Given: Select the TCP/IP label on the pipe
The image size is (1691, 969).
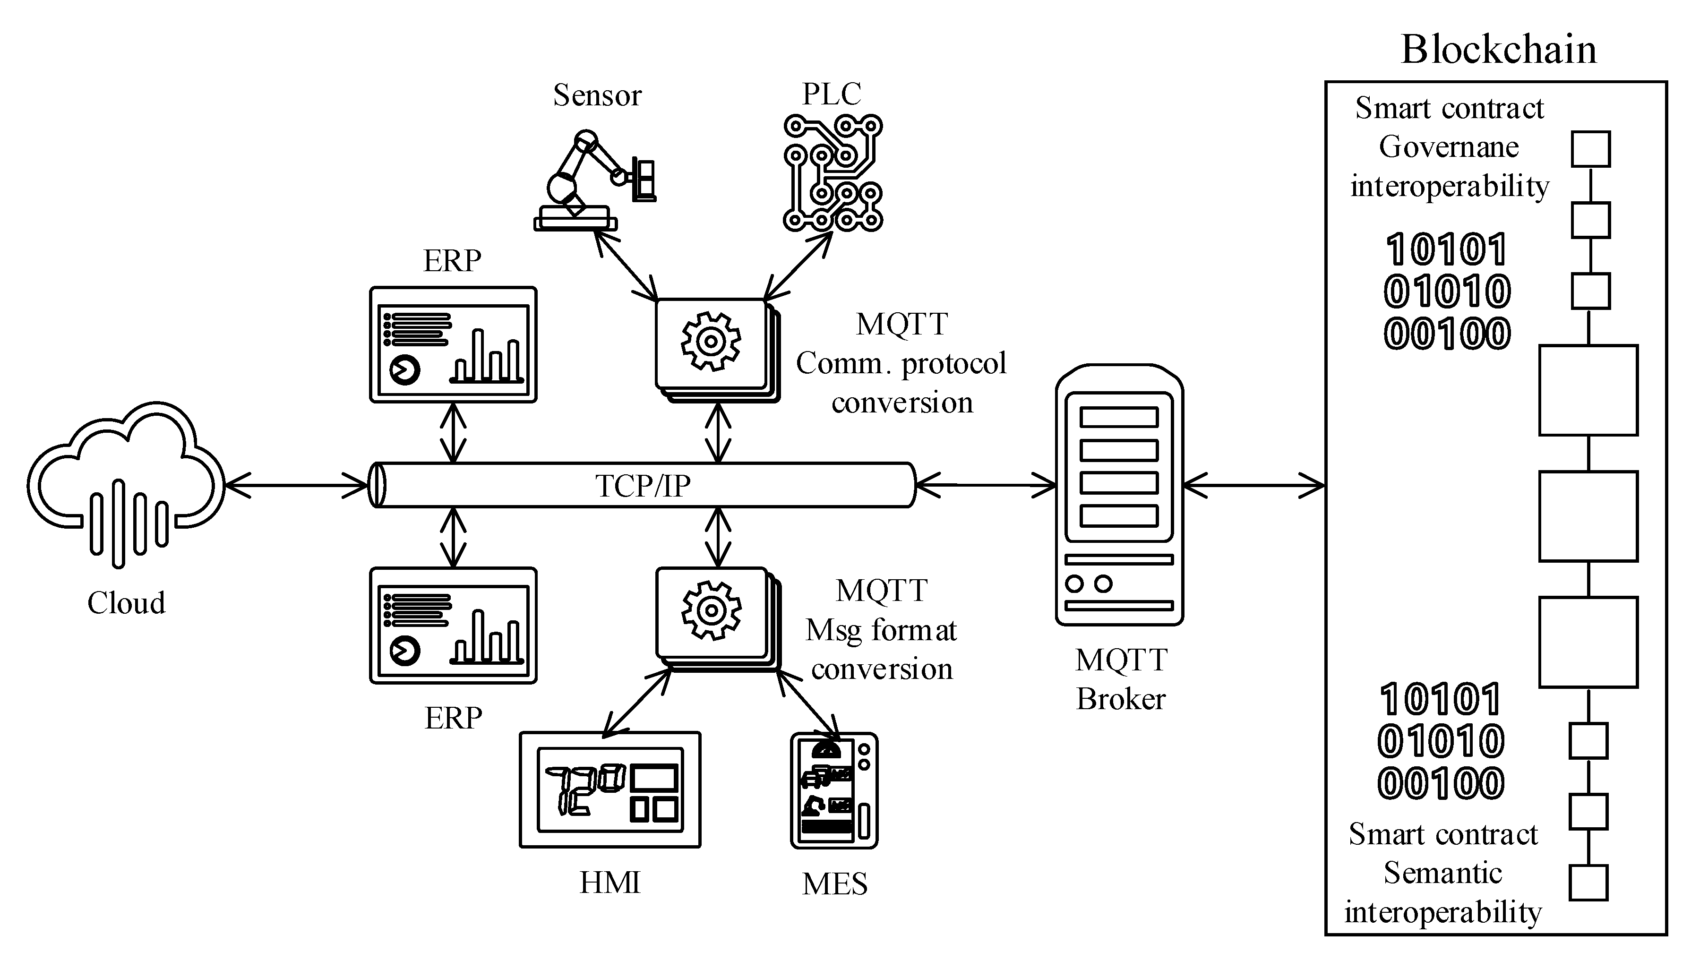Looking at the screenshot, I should point(642,486).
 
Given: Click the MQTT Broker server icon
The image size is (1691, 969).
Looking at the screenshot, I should point(1119,495).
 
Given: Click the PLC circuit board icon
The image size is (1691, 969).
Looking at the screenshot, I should point(833,173).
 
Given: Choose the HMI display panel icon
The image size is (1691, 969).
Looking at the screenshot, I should point(609,789).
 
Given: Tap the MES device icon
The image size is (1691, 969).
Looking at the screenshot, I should point(834,790).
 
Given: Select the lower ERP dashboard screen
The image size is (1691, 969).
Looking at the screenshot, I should point(453,625).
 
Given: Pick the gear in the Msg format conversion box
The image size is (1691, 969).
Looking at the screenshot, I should point(711,610).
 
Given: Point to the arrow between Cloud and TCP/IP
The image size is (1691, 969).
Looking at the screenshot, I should point(297,485).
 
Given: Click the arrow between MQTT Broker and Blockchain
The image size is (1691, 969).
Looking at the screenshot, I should point(1254,485).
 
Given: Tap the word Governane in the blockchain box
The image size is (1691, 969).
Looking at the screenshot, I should point(1449,147).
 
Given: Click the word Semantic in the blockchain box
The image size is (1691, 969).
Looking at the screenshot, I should point(1443,873).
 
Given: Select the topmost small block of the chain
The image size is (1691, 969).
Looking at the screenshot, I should point(1590,149).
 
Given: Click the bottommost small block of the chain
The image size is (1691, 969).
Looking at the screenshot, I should point(1588,883).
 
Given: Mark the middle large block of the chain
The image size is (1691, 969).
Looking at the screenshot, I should point(1588,516).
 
